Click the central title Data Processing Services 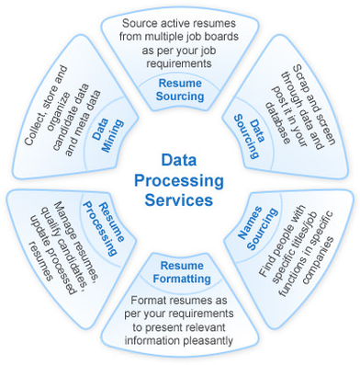click(180, 179)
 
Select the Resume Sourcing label click(181, 89)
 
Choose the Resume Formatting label click(180, 272)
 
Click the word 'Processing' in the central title click(180, 179)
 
